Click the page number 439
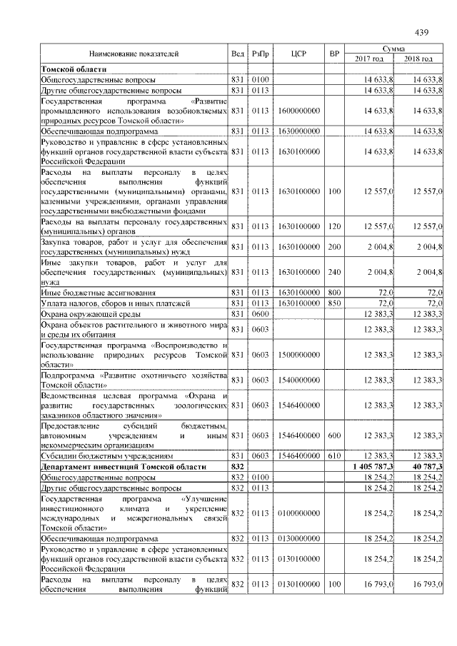coord(421,32)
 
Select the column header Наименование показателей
coord(134,54)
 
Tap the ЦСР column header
coord(298,54)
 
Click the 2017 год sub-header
coord(369,59)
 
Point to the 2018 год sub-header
coord(419,59)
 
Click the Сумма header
coord(394,48)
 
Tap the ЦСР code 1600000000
coord(298,111)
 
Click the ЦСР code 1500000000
coord(298,355)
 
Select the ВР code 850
coord(333,303)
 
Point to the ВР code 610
coord(333,455)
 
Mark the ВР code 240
coord(333,273)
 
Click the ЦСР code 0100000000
coord(298,513)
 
